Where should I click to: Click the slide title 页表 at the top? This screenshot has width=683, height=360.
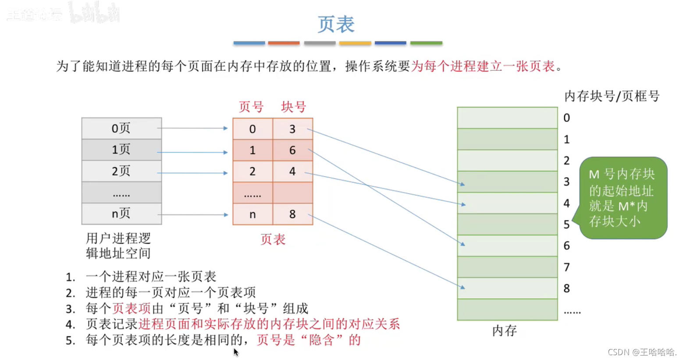[336, 24]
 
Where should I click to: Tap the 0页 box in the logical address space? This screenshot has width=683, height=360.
[121, 128]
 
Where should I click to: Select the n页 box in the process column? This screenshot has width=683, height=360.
[121, 214]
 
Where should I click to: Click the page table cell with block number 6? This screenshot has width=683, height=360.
[292, 150]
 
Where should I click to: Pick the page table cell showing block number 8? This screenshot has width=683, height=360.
[292, 214]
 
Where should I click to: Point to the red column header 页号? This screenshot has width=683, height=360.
[251, 107]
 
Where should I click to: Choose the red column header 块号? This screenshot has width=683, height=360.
[293, 107]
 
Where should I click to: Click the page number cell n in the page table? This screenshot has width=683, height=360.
[253, 214]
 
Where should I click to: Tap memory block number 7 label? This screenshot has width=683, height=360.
[567, 267]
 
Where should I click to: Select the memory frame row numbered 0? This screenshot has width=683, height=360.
[507, 118]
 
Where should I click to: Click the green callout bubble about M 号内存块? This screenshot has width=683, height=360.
[623, 198]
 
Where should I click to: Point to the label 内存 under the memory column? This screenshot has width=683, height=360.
[505, 331]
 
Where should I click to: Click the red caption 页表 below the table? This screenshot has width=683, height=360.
[273, 239]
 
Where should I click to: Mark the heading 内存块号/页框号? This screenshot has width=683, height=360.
[612, 96]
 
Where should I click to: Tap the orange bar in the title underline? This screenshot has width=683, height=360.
[284, 43]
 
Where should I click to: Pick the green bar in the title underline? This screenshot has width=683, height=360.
[426, 43]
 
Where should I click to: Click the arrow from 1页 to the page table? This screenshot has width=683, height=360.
[193, 152]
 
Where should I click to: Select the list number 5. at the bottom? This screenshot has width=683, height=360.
[71, 341]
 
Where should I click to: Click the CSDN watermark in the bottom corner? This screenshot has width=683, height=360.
[642, 352]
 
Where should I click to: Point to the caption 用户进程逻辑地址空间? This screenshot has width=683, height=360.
[118, 246]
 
